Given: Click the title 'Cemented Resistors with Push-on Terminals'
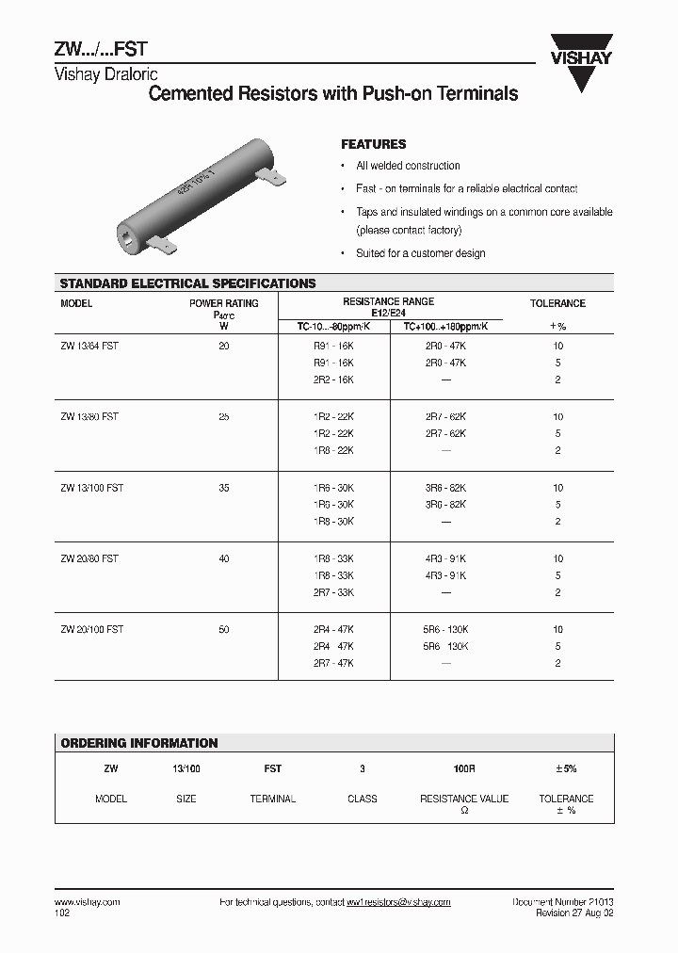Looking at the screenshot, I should click(334, 94).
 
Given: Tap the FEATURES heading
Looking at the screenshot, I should click(373, 144).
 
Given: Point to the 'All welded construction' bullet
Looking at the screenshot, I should click(408, 166).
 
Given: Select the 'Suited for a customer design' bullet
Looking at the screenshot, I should click(420, 253).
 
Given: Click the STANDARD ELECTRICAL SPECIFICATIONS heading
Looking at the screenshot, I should click(187, 283).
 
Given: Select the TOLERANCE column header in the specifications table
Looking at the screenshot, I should click(557, 303).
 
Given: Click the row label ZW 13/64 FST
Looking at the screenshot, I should click(89, 347).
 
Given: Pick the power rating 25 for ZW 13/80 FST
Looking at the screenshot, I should click(223, 417).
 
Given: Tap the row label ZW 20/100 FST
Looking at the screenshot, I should click(91, 630).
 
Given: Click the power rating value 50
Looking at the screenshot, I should click(223, 630).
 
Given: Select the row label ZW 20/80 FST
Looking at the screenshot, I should click(89, 559).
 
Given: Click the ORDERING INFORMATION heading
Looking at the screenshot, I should click(138, 743).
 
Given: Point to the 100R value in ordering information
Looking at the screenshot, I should click(463, 769).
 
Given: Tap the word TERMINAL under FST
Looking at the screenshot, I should click(272, 799).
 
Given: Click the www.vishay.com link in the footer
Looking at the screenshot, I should click(88, 902).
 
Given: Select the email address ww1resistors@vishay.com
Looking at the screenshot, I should click(398, 902).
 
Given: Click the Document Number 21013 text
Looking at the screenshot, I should click(562, 902).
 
